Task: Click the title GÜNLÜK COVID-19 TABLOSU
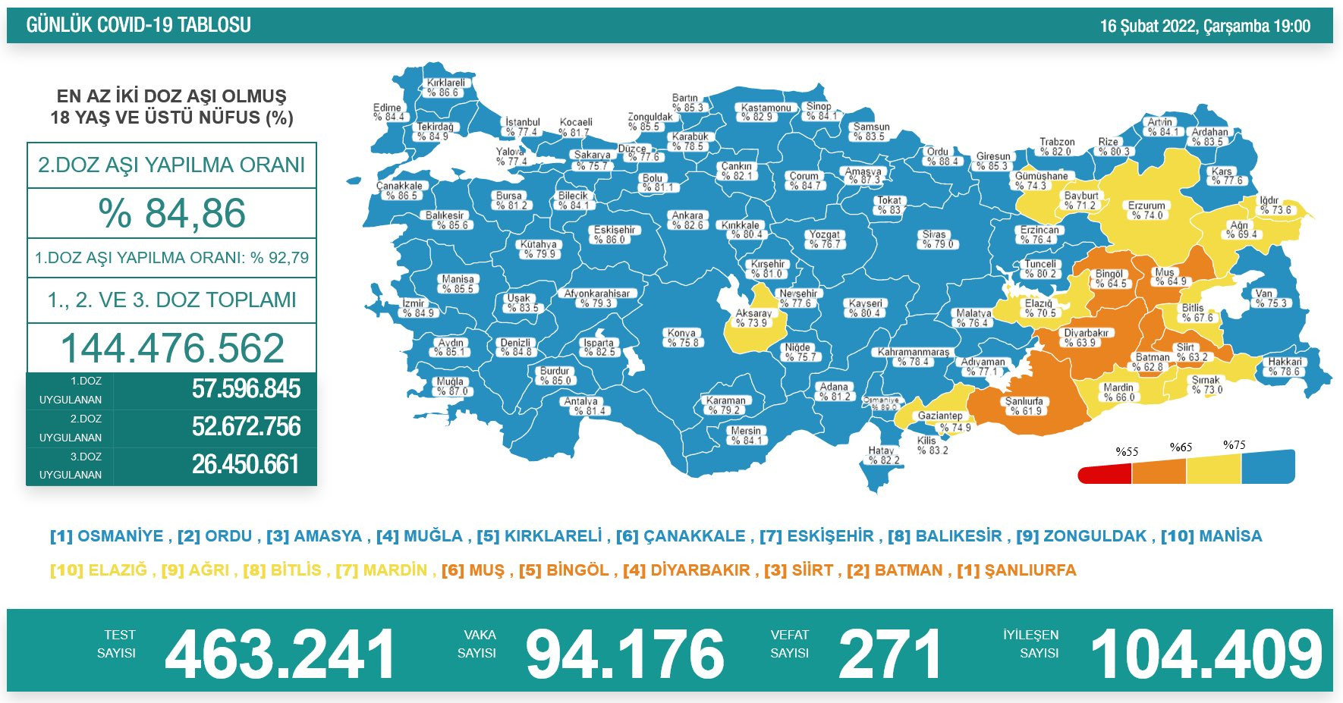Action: (x=138, y=25)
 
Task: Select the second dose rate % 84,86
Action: (x=172, y=213)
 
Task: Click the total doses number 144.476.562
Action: (x=172, y=348)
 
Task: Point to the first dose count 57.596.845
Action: (x=246, y=389)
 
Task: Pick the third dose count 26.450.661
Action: (x=246, y=464)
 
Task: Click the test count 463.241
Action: (x=280, y=654)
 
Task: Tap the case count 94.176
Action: (x=624, y=654)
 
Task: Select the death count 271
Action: (x=889, y=654)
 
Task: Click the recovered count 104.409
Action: (x=1206, y=654)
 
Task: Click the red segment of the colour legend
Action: (x=1105, y=475)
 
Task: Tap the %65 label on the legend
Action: (x=1181, y=447)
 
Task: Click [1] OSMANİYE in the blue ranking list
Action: (x=107, y=536)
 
